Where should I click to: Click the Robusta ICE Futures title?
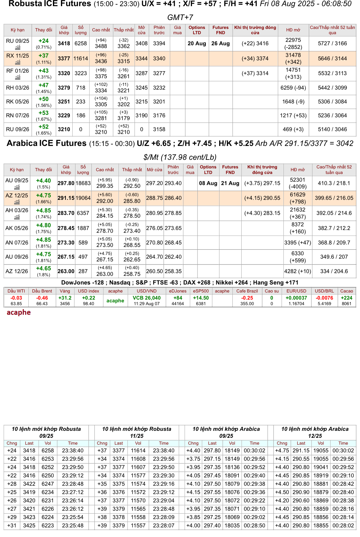(50, 4)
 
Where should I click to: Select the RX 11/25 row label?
(18, 56)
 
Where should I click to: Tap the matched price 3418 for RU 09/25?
(64, 43)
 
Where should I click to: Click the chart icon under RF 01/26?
(18, 77)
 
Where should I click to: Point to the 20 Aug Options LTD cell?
(197, 43)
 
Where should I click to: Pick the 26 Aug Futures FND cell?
(221, 43)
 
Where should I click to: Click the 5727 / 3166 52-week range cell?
(332, 43)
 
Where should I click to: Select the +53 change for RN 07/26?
(44, 113)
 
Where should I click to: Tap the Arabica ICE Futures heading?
(47, 143)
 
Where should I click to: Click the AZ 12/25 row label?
(17, 196)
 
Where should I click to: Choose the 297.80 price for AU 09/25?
(66, 183)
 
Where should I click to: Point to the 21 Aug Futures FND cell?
(230, 183)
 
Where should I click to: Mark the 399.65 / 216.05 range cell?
(334, 198)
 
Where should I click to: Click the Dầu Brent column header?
(42, 291)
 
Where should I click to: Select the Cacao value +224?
(346, 298)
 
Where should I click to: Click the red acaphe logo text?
(19, 313)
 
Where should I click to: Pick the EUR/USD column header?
(296, 291)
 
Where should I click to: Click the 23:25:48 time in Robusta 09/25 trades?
(73, 526)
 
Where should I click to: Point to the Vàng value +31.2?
(65, 298)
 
